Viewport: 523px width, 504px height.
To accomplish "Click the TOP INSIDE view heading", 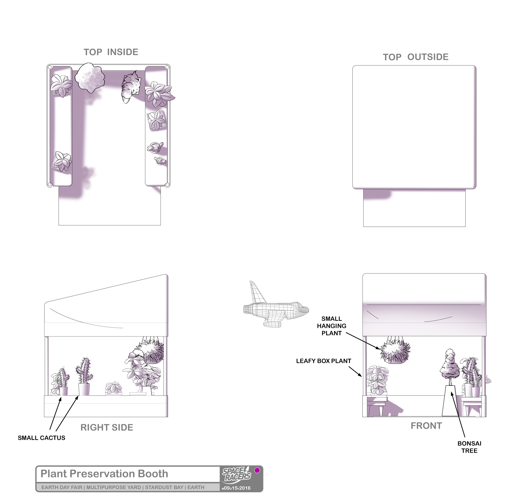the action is [111, 52].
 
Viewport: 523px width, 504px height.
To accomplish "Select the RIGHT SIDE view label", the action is [107, 427].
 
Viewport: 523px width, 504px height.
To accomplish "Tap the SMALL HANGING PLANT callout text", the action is [332, 326].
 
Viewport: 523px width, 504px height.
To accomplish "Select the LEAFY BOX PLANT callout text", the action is [324, 361].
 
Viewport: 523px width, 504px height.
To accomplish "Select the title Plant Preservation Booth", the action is [104, 474].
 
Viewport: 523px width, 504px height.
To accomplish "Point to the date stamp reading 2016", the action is [245, 488].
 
